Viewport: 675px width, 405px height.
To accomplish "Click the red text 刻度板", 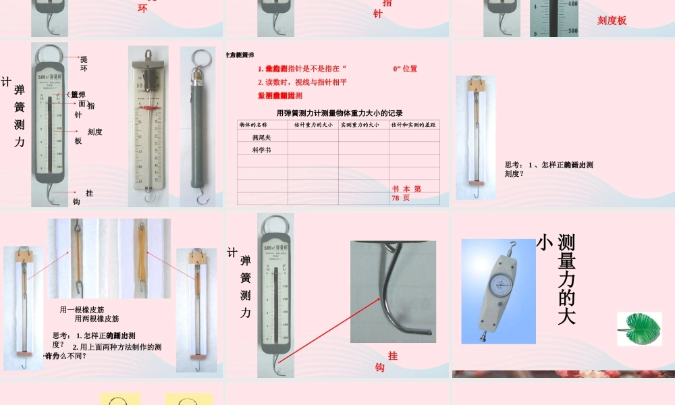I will tap(612, 21).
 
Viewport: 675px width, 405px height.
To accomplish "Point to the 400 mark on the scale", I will tap(573, 4).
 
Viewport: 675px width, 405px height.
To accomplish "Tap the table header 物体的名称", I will tap(254, 125).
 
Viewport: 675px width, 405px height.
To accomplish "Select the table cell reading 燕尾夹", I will tap(261, 137).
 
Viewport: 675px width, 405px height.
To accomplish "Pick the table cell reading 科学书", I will tap(261, 150).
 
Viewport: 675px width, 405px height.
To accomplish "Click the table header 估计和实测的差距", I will tap(414, 125).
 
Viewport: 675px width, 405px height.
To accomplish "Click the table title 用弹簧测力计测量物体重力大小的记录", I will tap(340, 113).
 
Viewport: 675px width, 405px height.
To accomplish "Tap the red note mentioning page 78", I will tap(406, 194).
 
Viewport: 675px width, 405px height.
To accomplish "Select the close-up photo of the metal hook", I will tap(393, 291).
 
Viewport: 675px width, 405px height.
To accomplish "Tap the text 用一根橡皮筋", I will tap(82, 310).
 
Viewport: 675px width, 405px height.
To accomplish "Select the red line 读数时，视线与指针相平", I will tap(302, 82).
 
